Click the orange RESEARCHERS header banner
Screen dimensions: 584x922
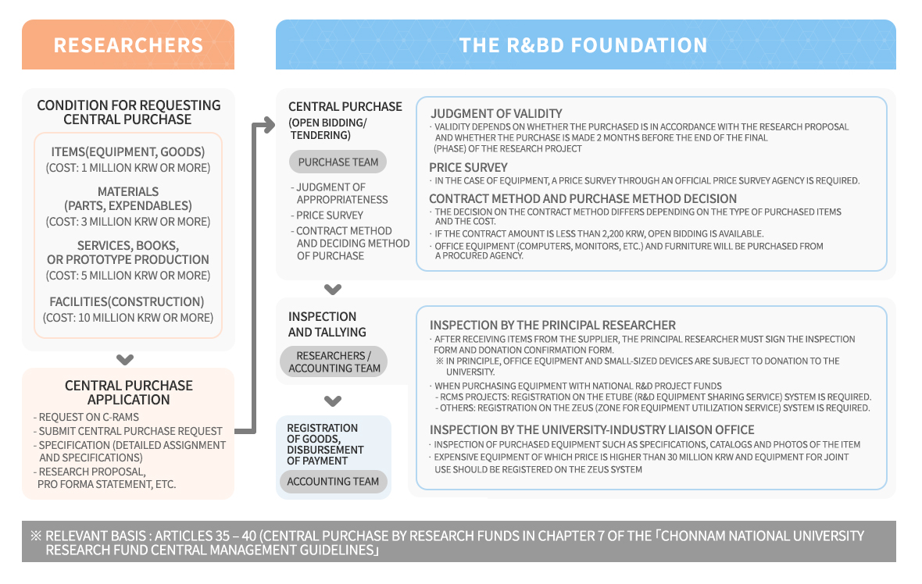128,45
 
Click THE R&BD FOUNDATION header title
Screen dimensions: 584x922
584,45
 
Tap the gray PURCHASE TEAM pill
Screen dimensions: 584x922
338,162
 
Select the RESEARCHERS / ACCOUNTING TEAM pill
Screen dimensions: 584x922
334,361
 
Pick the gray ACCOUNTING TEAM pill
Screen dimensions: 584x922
333,482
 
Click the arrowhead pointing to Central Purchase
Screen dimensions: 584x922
268,124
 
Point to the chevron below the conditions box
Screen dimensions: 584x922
124,360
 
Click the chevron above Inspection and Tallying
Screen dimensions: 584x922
333,290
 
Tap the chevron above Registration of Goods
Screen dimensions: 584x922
333,401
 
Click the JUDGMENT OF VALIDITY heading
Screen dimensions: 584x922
496,113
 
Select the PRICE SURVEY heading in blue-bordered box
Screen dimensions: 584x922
468,167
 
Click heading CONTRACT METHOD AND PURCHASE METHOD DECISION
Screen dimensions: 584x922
583,198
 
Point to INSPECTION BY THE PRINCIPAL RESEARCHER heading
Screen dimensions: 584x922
552,325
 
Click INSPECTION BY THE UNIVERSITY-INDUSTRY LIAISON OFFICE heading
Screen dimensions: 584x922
591,429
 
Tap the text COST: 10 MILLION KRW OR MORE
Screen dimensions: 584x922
128,318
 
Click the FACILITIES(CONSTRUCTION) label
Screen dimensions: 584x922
127,301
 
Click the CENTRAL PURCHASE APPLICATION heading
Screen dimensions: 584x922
128,392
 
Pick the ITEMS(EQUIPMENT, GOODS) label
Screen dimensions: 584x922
128,151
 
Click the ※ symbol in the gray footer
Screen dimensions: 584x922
36,536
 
